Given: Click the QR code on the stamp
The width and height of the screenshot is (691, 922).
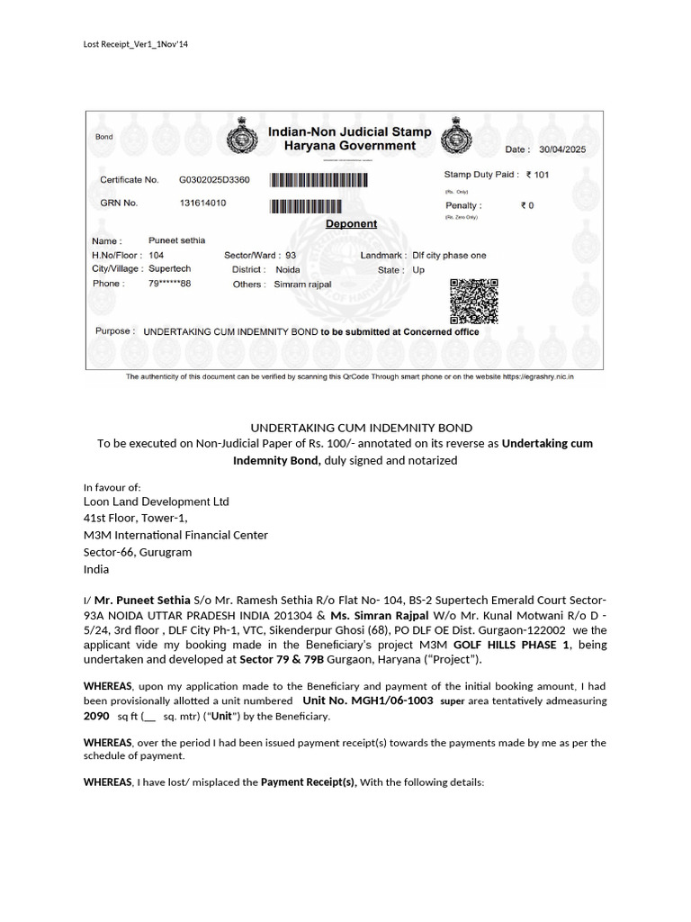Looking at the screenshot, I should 473,302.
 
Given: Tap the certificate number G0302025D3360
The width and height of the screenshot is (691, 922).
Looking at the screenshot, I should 214,180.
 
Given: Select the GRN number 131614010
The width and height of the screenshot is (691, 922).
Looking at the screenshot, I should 203,203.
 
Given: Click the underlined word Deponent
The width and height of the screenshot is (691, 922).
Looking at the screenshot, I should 351,223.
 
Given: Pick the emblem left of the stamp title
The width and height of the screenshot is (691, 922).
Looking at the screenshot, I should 240,139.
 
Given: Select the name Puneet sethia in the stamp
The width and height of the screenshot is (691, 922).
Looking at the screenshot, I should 176,240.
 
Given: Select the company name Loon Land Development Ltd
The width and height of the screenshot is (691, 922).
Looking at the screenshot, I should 157,502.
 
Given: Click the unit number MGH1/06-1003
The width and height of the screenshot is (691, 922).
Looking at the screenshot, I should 368,701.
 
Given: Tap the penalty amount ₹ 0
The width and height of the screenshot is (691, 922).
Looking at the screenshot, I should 527,205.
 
